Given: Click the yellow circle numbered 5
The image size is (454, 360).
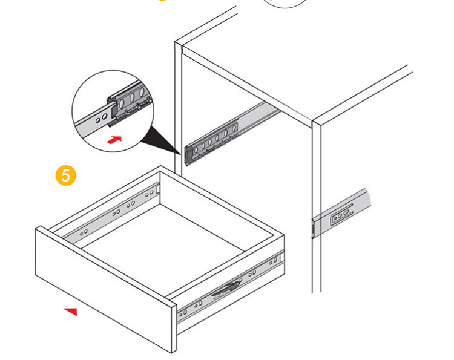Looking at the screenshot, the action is click(x=66, y=175).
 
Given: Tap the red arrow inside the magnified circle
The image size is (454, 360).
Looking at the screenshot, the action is click(x=114, y=140).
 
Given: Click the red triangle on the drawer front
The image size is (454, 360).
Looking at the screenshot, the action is click(x=71, y=312).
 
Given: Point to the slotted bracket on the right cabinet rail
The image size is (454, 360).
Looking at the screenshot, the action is click(x=341, y=214).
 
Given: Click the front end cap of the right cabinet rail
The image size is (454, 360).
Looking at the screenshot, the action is click(x=314, y=229).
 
